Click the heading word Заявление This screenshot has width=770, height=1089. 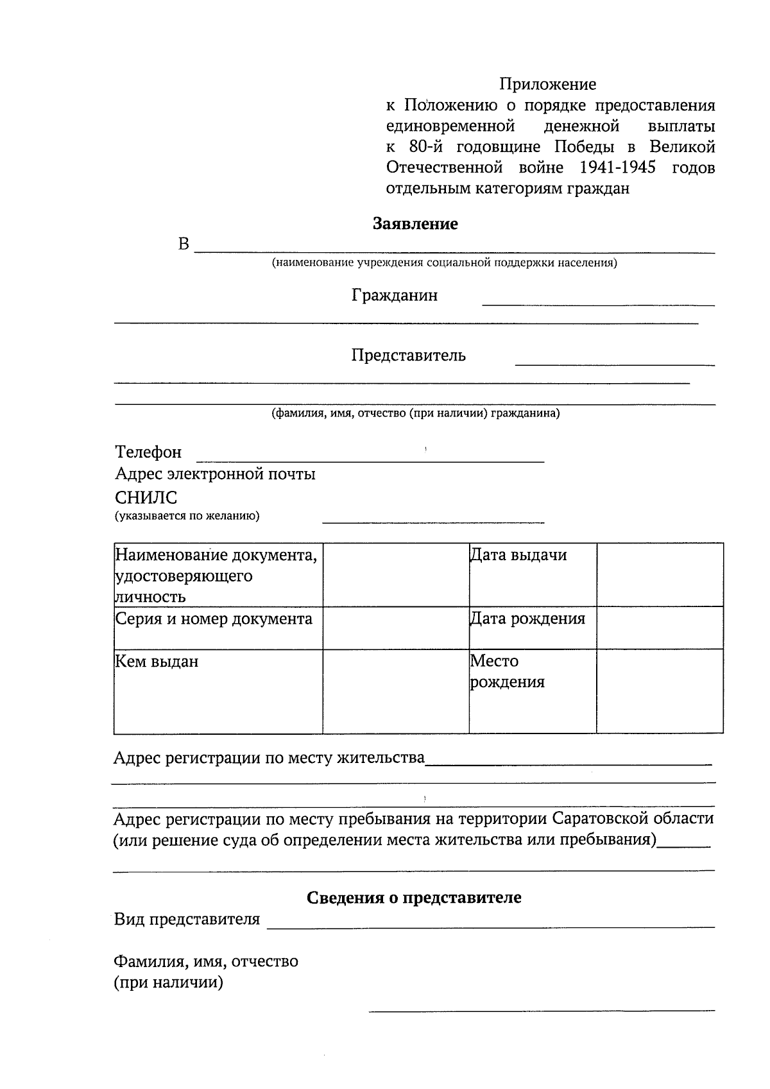click(415, 224)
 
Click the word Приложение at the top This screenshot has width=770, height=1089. click(548, 84)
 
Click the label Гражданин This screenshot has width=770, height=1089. click(395, 295)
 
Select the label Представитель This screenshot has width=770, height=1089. click(408, 355)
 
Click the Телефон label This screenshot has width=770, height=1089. click(148, 452)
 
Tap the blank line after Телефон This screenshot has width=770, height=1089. click(370, 458)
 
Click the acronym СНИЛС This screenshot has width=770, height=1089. click(146, 497)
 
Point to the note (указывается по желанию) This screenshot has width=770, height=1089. click(187, 516)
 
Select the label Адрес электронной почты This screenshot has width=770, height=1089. click(215, 474)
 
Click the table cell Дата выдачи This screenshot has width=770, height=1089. click(518, 555)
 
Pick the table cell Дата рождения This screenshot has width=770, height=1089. click(527, 619)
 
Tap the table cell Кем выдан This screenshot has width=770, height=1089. click(157, 661)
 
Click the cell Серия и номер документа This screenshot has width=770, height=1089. click(214, 619)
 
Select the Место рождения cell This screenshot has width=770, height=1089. click(507, 671)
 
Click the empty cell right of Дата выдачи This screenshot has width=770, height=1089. click(660, 574)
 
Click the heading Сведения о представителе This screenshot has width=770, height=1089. click(414, 897)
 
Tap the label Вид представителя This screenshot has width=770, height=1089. click(187, 920)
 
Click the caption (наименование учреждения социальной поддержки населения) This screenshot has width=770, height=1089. click(444, 263)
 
